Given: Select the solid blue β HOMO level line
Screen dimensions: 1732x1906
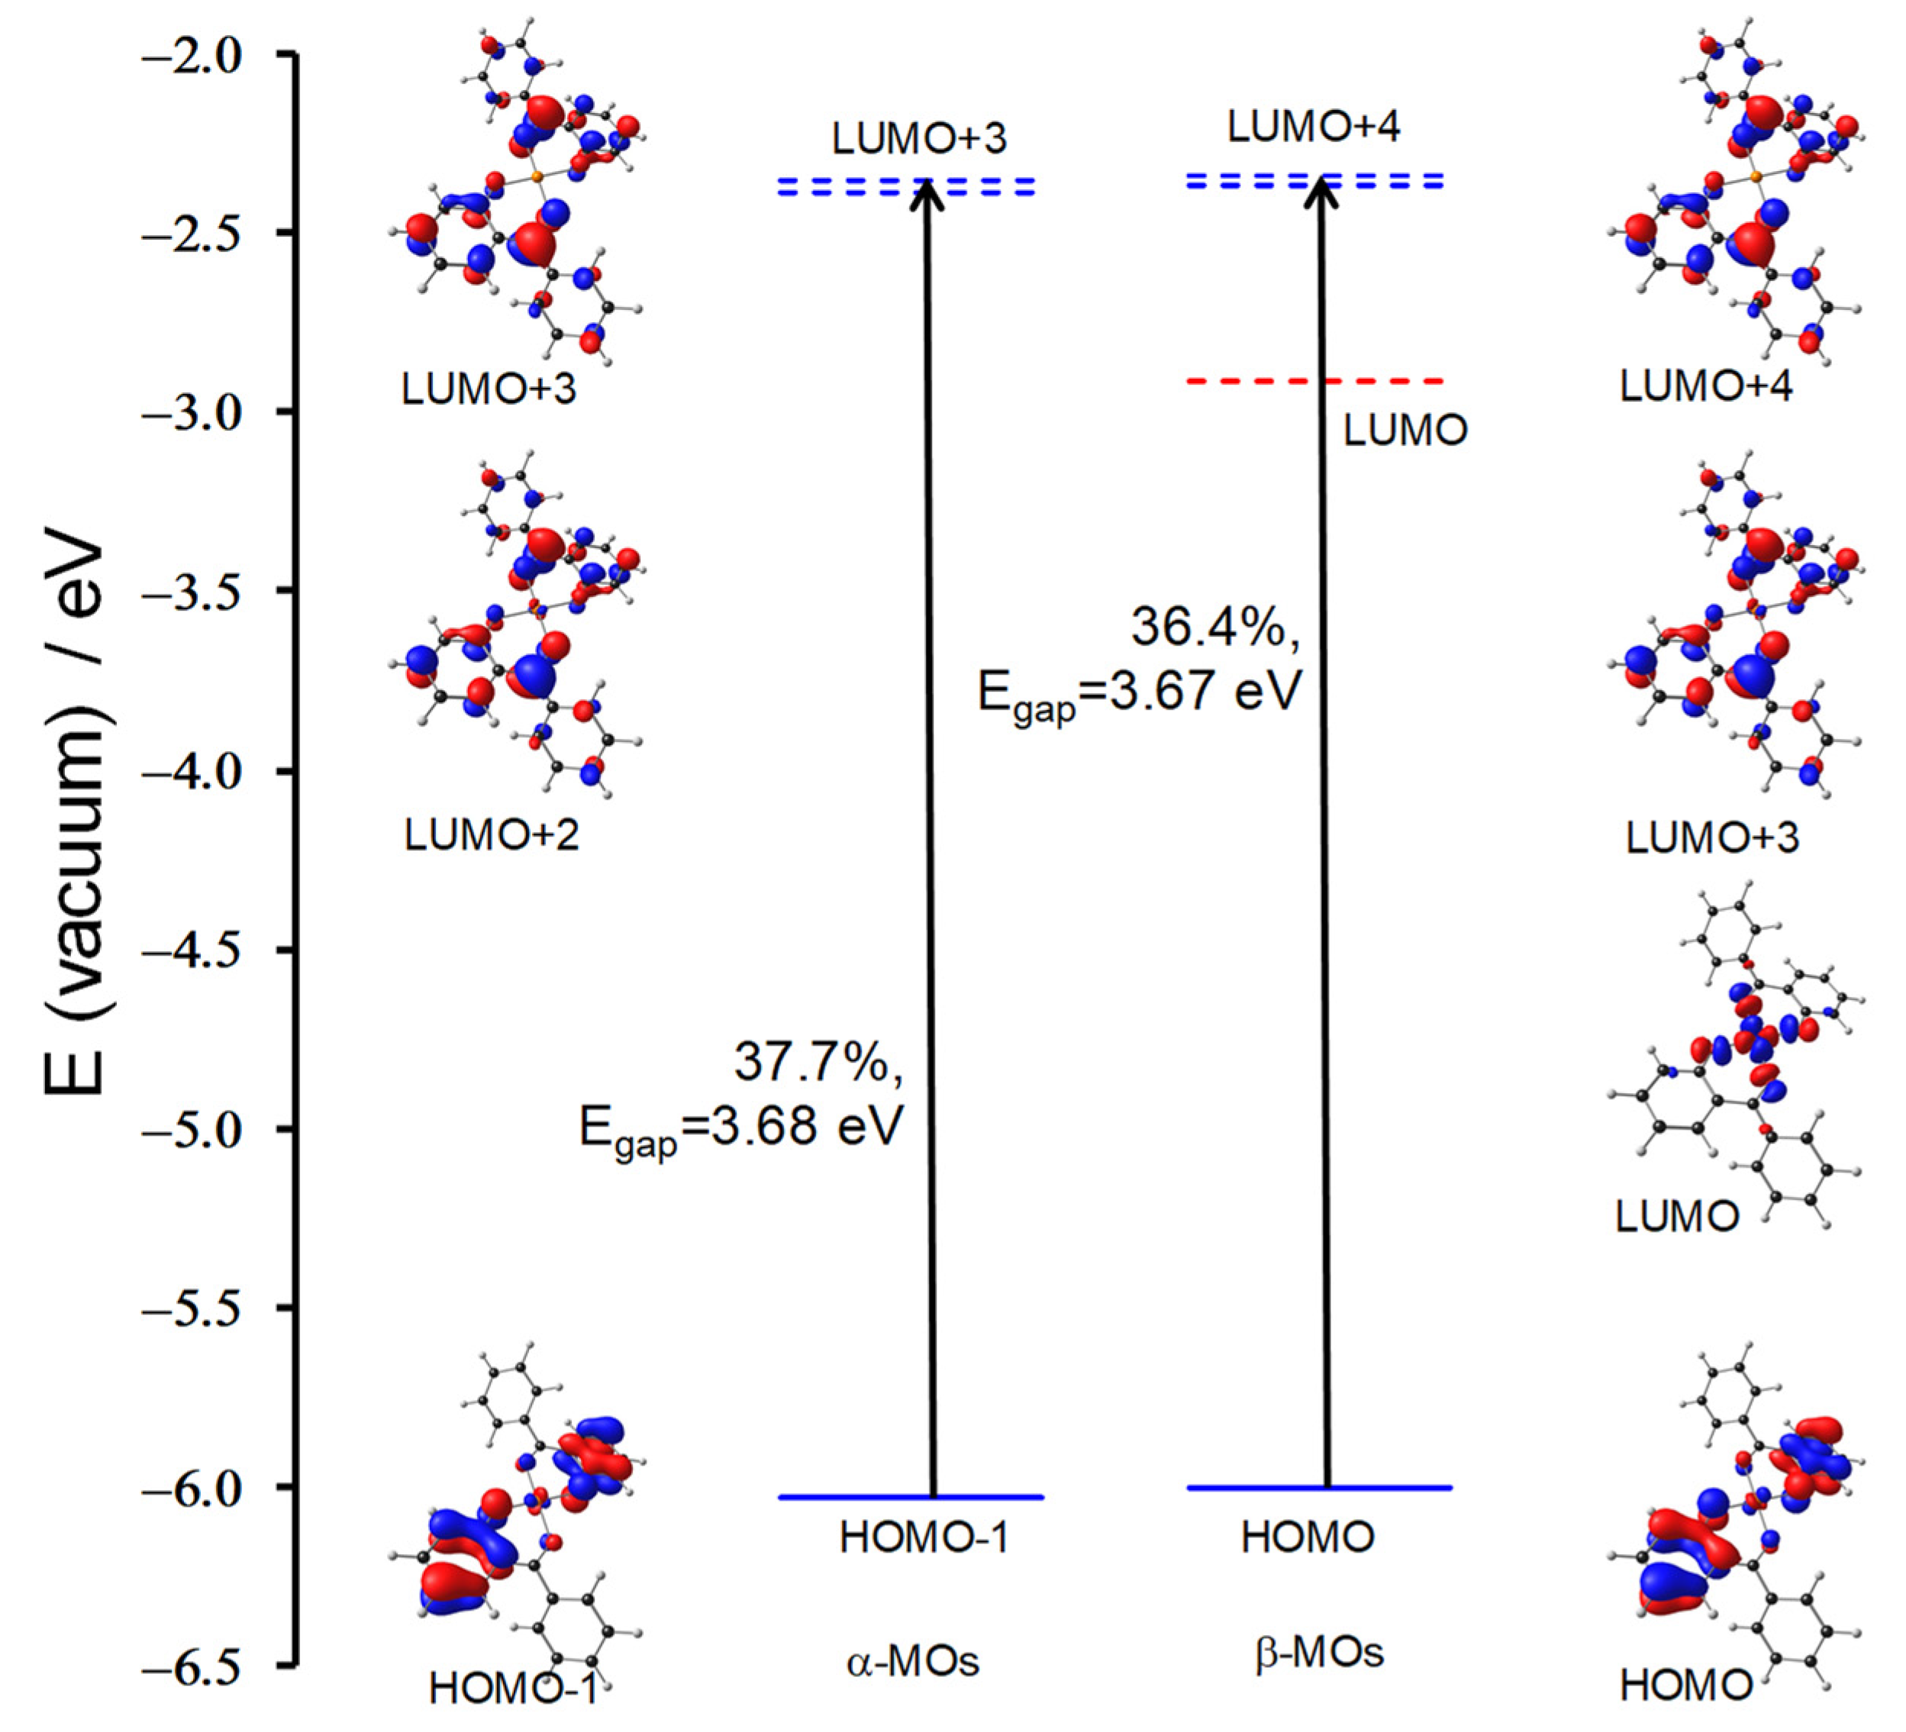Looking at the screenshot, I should tap(1319, 1487).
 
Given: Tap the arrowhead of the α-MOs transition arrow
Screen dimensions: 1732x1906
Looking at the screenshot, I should tap(927, 194).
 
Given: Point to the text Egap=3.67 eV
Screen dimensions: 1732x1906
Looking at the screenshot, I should tap(1140, 693).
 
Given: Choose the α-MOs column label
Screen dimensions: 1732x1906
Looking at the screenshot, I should tap(912, 1661).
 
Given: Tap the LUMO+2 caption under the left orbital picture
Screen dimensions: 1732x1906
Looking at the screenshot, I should tap(492, 836).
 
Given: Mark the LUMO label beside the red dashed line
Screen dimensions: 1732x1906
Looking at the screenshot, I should tap(1405, 431).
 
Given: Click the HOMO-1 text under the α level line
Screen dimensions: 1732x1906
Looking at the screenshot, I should tap(924, 1538).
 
